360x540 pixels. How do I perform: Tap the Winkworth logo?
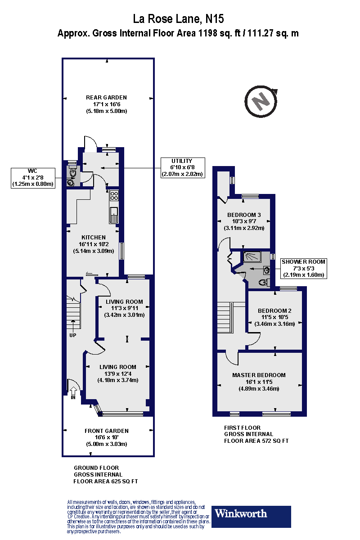(x=252, y=517)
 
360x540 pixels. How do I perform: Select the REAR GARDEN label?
(x=107, y=104)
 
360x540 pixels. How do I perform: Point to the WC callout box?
(x=32, y=177)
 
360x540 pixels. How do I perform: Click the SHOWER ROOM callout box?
(x=303, y=268)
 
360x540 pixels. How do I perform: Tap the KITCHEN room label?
(x=94, y=244)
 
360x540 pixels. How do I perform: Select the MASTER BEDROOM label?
(x=259, y=382)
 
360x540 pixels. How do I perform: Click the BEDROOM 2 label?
(x=274, y=317)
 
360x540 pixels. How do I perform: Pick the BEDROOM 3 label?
(x=244, y=221)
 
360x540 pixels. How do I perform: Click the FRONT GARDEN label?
(x=107, y=437)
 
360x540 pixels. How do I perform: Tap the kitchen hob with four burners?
(x=114, y=196)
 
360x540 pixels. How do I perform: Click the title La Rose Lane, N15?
(x=179, y=19)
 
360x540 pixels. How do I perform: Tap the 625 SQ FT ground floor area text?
(x=106, y=481)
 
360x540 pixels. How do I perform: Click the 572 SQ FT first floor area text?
(x=256, y=441)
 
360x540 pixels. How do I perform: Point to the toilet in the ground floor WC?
(x=72, y=171)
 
